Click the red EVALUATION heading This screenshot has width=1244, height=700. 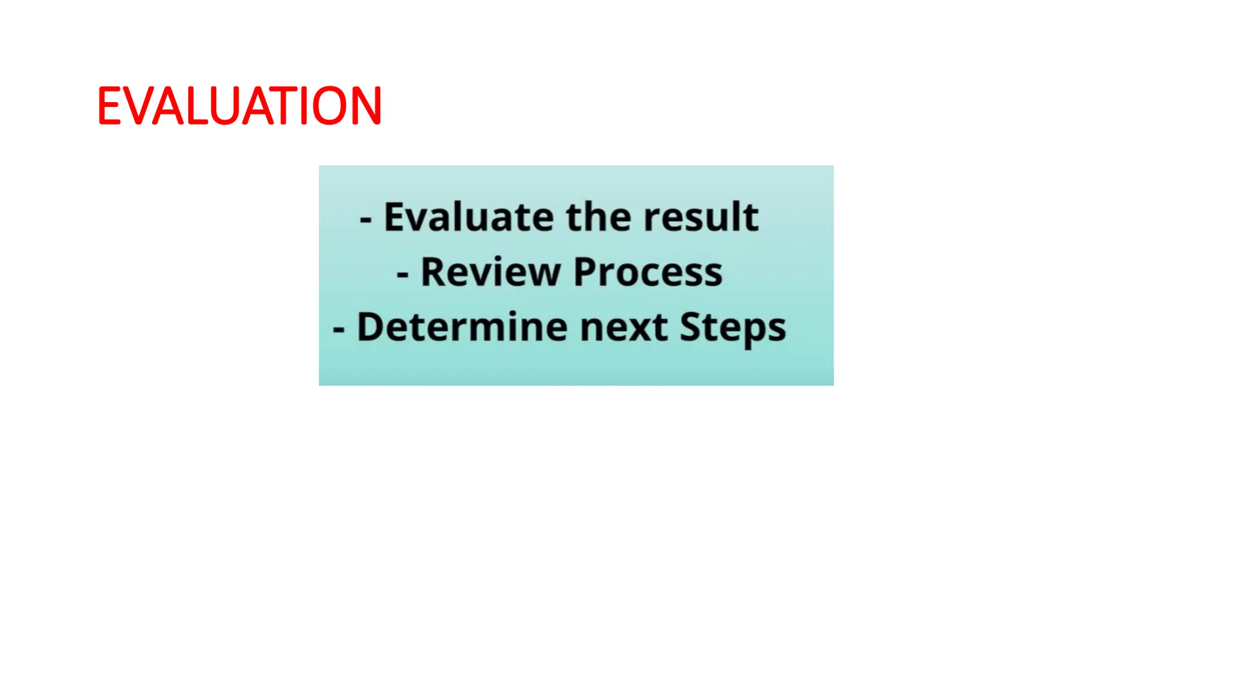click(239, 106)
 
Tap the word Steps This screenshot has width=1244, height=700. click(733, 328)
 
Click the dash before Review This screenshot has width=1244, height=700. click(402, 275)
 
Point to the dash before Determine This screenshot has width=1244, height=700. click(339, 330)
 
